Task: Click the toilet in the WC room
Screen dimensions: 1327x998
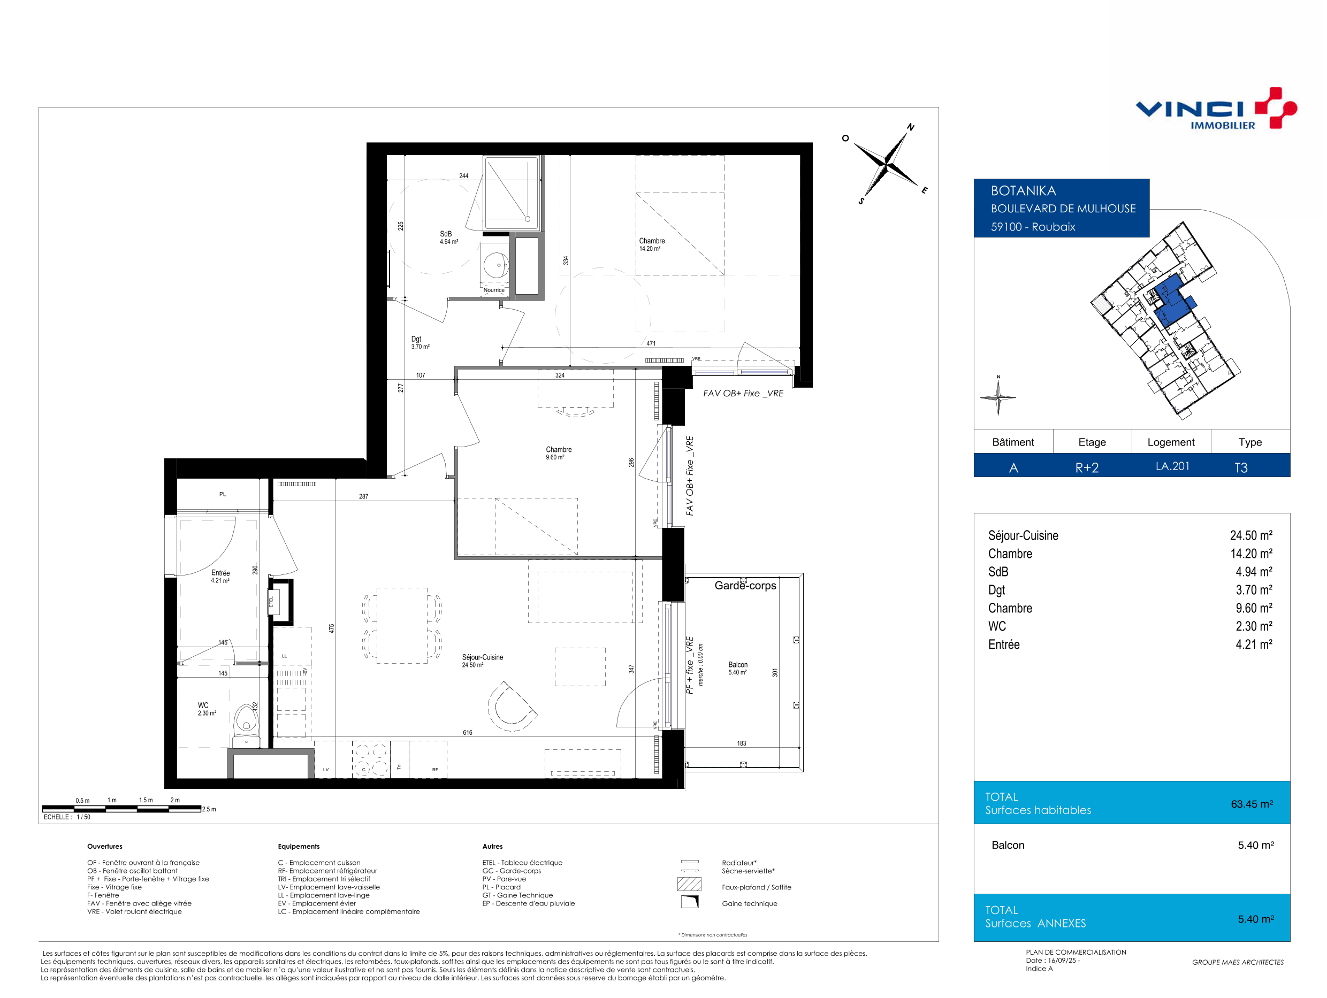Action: click(x=246, y=725)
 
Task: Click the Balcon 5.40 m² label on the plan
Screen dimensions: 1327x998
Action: click(x=738, y=668)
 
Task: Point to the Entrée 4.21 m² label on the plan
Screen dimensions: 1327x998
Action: click(x=220, y=577)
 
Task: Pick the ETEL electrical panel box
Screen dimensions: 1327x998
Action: click(x=281, y=602)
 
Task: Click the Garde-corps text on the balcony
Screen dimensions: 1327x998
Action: click(x=745, y=585)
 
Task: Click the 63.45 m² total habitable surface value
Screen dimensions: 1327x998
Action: click(x=1252, y=804)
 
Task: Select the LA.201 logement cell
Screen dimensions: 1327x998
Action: click(x=1172, y=466)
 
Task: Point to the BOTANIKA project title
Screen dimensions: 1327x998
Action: click(x=1024, y=191)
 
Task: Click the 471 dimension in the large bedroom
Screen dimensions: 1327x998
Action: click(x=651, y=344)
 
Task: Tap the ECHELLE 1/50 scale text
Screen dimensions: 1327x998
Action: click(x=66, y=817)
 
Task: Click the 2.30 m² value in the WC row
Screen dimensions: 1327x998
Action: click(x=1254, y=626)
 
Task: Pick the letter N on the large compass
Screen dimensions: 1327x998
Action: click(x=911, y=127)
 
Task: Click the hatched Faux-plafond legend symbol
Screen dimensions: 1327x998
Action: click(x=689, y=884)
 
